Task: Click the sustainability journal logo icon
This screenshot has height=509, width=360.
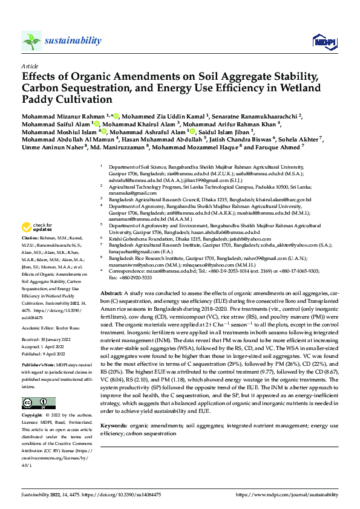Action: [31, 41]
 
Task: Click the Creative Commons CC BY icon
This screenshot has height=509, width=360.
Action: [36, 403]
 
